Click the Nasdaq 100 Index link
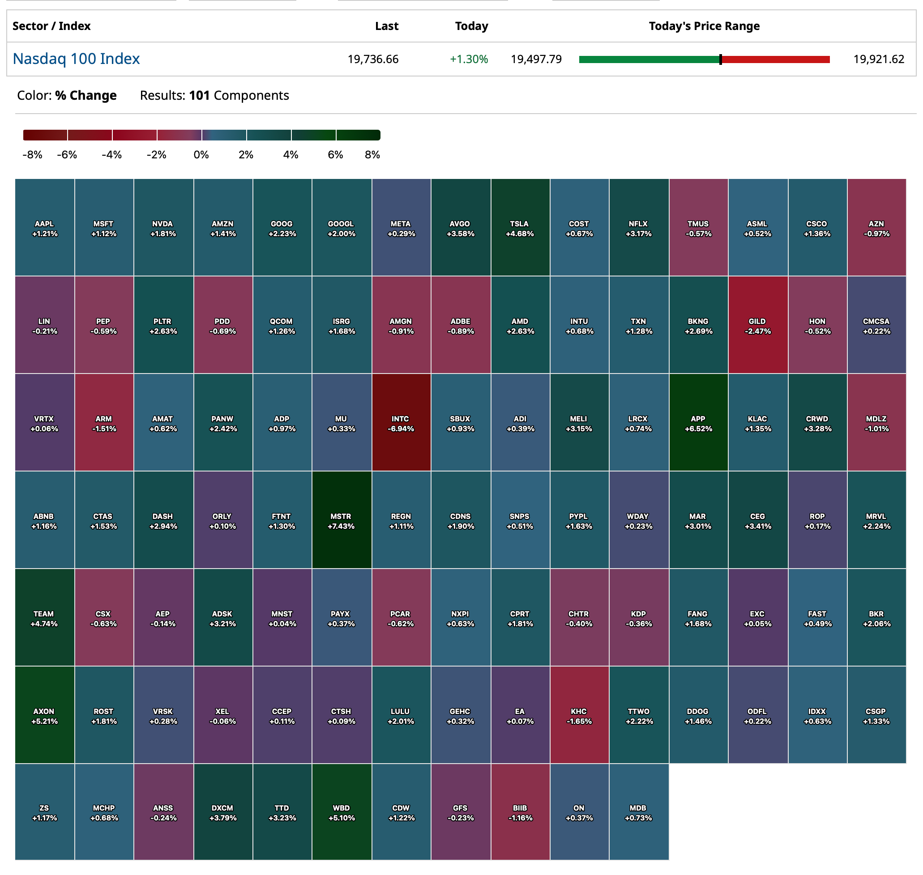(x=76, y=59)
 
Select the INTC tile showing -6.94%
(x=401, y=423)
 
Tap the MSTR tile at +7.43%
(x=342, y=520)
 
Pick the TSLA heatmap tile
(x=520, y=228)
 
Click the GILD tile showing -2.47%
(x=757, y=325)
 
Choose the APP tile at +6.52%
(x=698, y=423)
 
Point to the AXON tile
(x=44, y=715)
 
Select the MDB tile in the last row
(x=638, y=812)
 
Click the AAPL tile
(x=44, y=228)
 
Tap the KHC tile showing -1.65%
(x=579, y=715)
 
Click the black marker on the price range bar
(x=721, y=59)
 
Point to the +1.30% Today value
(x=469, y=59)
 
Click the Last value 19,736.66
(x=373, y=59)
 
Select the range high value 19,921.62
(x=879, y=59)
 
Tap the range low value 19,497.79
(x=536, y=59)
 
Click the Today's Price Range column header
(x=704, y=26)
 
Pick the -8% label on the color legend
(x=32, y=155)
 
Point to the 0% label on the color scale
(x=201, y=155)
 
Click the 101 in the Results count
(x=199, y=96)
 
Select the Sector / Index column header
(x=51, y=26)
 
